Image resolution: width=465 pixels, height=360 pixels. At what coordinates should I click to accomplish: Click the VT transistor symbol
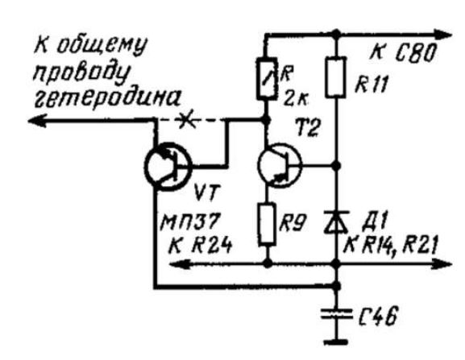[x=168, y=167]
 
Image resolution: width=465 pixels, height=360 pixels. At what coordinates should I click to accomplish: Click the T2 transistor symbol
[x=280, y=166]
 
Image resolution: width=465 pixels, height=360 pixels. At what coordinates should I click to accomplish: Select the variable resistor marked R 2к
[x=267, y=78]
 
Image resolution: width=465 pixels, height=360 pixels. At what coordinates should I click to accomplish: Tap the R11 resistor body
[x=336, y=77]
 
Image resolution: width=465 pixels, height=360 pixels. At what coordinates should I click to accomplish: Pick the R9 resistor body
[x=268, y=225]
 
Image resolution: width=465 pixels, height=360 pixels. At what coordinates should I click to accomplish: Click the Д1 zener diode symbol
[x=336, y=221]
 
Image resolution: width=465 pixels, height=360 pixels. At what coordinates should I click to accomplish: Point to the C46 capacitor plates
[x=337, y=314]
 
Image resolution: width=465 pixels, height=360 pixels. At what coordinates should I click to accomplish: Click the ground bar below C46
[x=336, y=342]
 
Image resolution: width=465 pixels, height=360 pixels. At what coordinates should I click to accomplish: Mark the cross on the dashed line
[x=185, y=120]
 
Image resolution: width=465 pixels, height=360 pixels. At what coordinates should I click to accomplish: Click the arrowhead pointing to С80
[x=443, y=35]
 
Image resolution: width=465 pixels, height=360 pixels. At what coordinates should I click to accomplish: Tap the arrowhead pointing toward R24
[x=179, y=263]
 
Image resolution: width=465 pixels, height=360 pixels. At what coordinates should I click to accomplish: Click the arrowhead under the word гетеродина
[x=38, y=121]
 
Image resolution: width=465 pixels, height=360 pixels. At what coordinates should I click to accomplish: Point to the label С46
[x=378, y=316]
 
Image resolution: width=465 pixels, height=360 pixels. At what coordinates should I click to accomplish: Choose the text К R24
[x=200, y=246]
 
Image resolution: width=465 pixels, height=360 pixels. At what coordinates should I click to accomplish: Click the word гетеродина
[x=107, y=98]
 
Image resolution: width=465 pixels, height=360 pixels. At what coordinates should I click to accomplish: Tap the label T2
[x=308, y=128]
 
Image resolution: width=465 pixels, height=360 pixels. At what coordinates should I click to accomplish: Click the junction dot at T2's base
[x=336, y=165]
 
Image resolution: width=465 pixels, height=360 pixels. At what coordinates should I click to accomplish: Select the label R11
[x=372, y=85]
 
